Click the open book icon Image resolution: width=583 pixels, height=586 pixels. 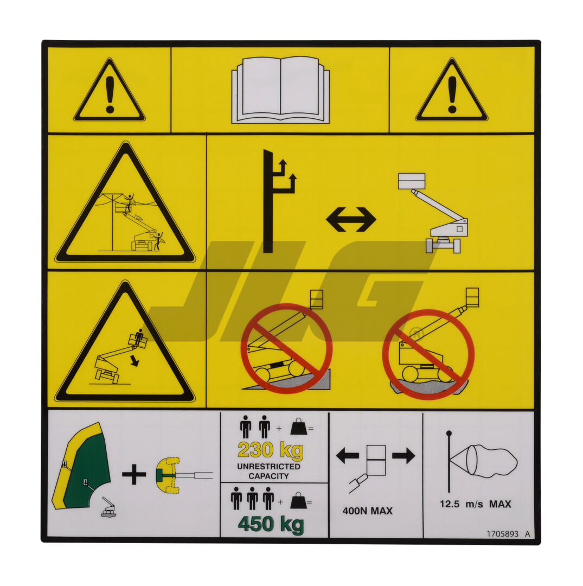[280, 90]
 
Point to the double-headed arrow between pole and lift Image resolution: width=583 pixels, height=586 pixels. [351, 219]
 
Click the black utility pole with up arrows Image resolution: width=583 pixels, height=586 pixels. [270, 201]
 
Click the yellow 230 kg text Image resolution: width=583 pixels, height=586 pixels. [270, 451]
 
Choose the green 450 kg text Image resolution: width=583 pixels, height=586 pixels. [271, 525]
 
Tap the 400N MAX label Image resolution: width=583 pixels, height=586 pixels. [367, 511]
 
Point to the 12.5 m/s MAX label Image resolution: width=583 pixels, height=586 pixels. [475, 504]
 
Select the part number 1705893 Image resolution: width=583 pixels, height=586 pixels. [502, 534]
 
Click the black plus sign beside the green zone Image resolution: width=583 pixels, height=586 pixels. [134, 475]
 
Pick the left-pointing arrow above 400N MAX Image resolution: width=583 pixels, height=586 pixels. [347, 455]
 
